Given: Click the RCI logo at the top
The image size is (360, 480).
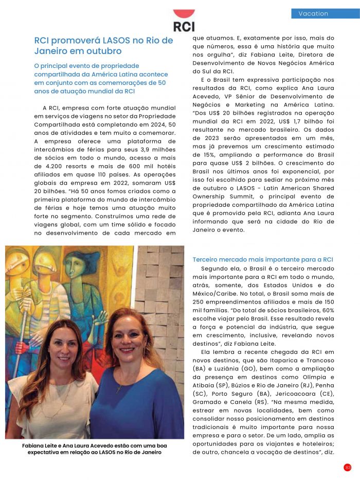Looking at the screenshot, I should [184, 21].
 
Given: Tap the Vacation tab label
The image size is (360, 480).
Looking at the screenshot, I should [313, 13].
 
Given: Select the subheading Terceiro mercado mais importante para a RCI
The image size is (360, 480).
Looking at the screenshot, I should [263, 259].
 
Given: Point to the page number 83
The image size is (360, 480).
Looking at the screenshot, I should [348, 467].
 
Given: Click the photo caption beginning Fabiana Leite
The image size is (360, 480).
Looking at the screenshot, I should [95, 449].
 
